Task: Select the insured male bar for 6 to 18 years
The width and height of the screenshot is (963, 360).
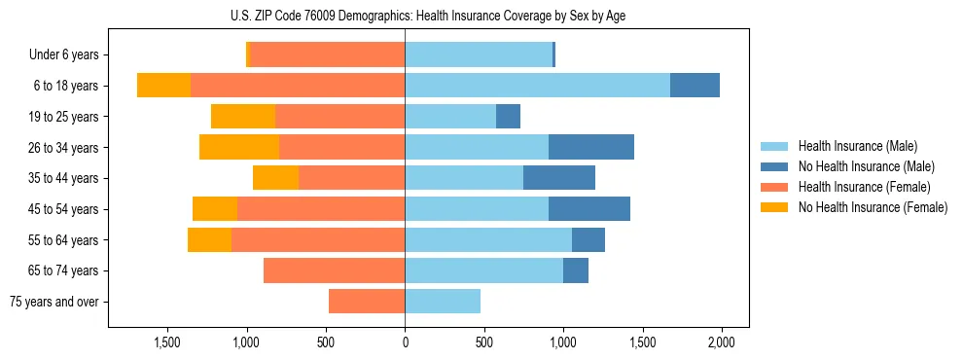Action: [537, 86]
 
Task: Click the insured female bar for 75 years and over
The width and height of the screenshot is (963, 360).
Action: [367, 302]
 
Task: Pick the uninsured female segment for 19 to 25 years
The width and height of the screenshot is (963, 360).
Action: [243, 117]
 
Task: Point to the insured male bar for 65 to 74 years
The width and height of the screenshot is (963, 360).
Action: [483, 270]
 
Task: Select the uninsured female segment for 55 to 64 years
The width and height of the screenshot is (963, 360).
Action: [209, 239]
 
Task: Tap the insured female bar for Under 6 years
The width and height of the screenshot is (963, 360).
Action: [328, 54]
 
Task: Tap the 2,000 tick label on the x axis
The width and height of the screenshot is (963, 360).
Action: [721, 342]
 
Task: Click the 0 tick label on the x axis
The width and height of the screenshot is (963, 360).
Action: [405, 342]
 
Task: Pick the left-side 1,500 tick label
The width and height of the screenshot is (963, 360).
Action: [167, 342]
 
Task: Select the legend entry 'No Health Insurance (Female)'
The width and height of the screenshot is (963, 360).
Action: [872, 207]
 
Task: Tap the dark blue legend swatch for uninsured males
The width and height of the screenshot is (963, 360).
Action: [774, 166]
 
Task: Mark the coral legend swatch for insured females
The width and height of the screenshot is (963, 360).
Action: [774, 187]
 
